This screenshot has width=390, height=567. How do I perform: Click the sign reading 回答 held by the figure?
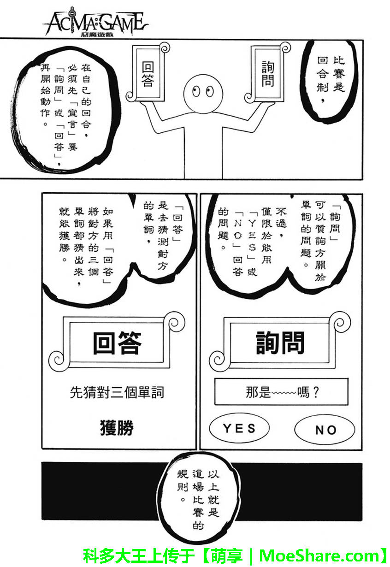[x=148, y=74]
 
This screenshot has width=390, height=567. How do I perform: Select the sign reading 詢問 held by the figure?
[x=267, y=73]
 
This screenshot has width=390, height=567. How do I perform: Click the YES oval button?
[x=239, y=428]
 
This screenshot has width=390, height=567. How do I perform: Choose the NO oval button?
[x=325, y=430]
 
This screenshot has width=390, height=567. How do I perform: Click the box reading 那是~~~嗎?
[x=281, y=392]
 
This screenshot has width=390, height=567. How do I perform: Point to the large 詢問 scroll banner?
[x=280, y=343]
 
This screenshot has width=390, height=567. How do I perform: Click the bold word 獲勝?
[x=117, y=428]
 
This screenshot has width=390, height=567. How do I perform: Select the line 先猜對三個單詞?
[x=117, y=392]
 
